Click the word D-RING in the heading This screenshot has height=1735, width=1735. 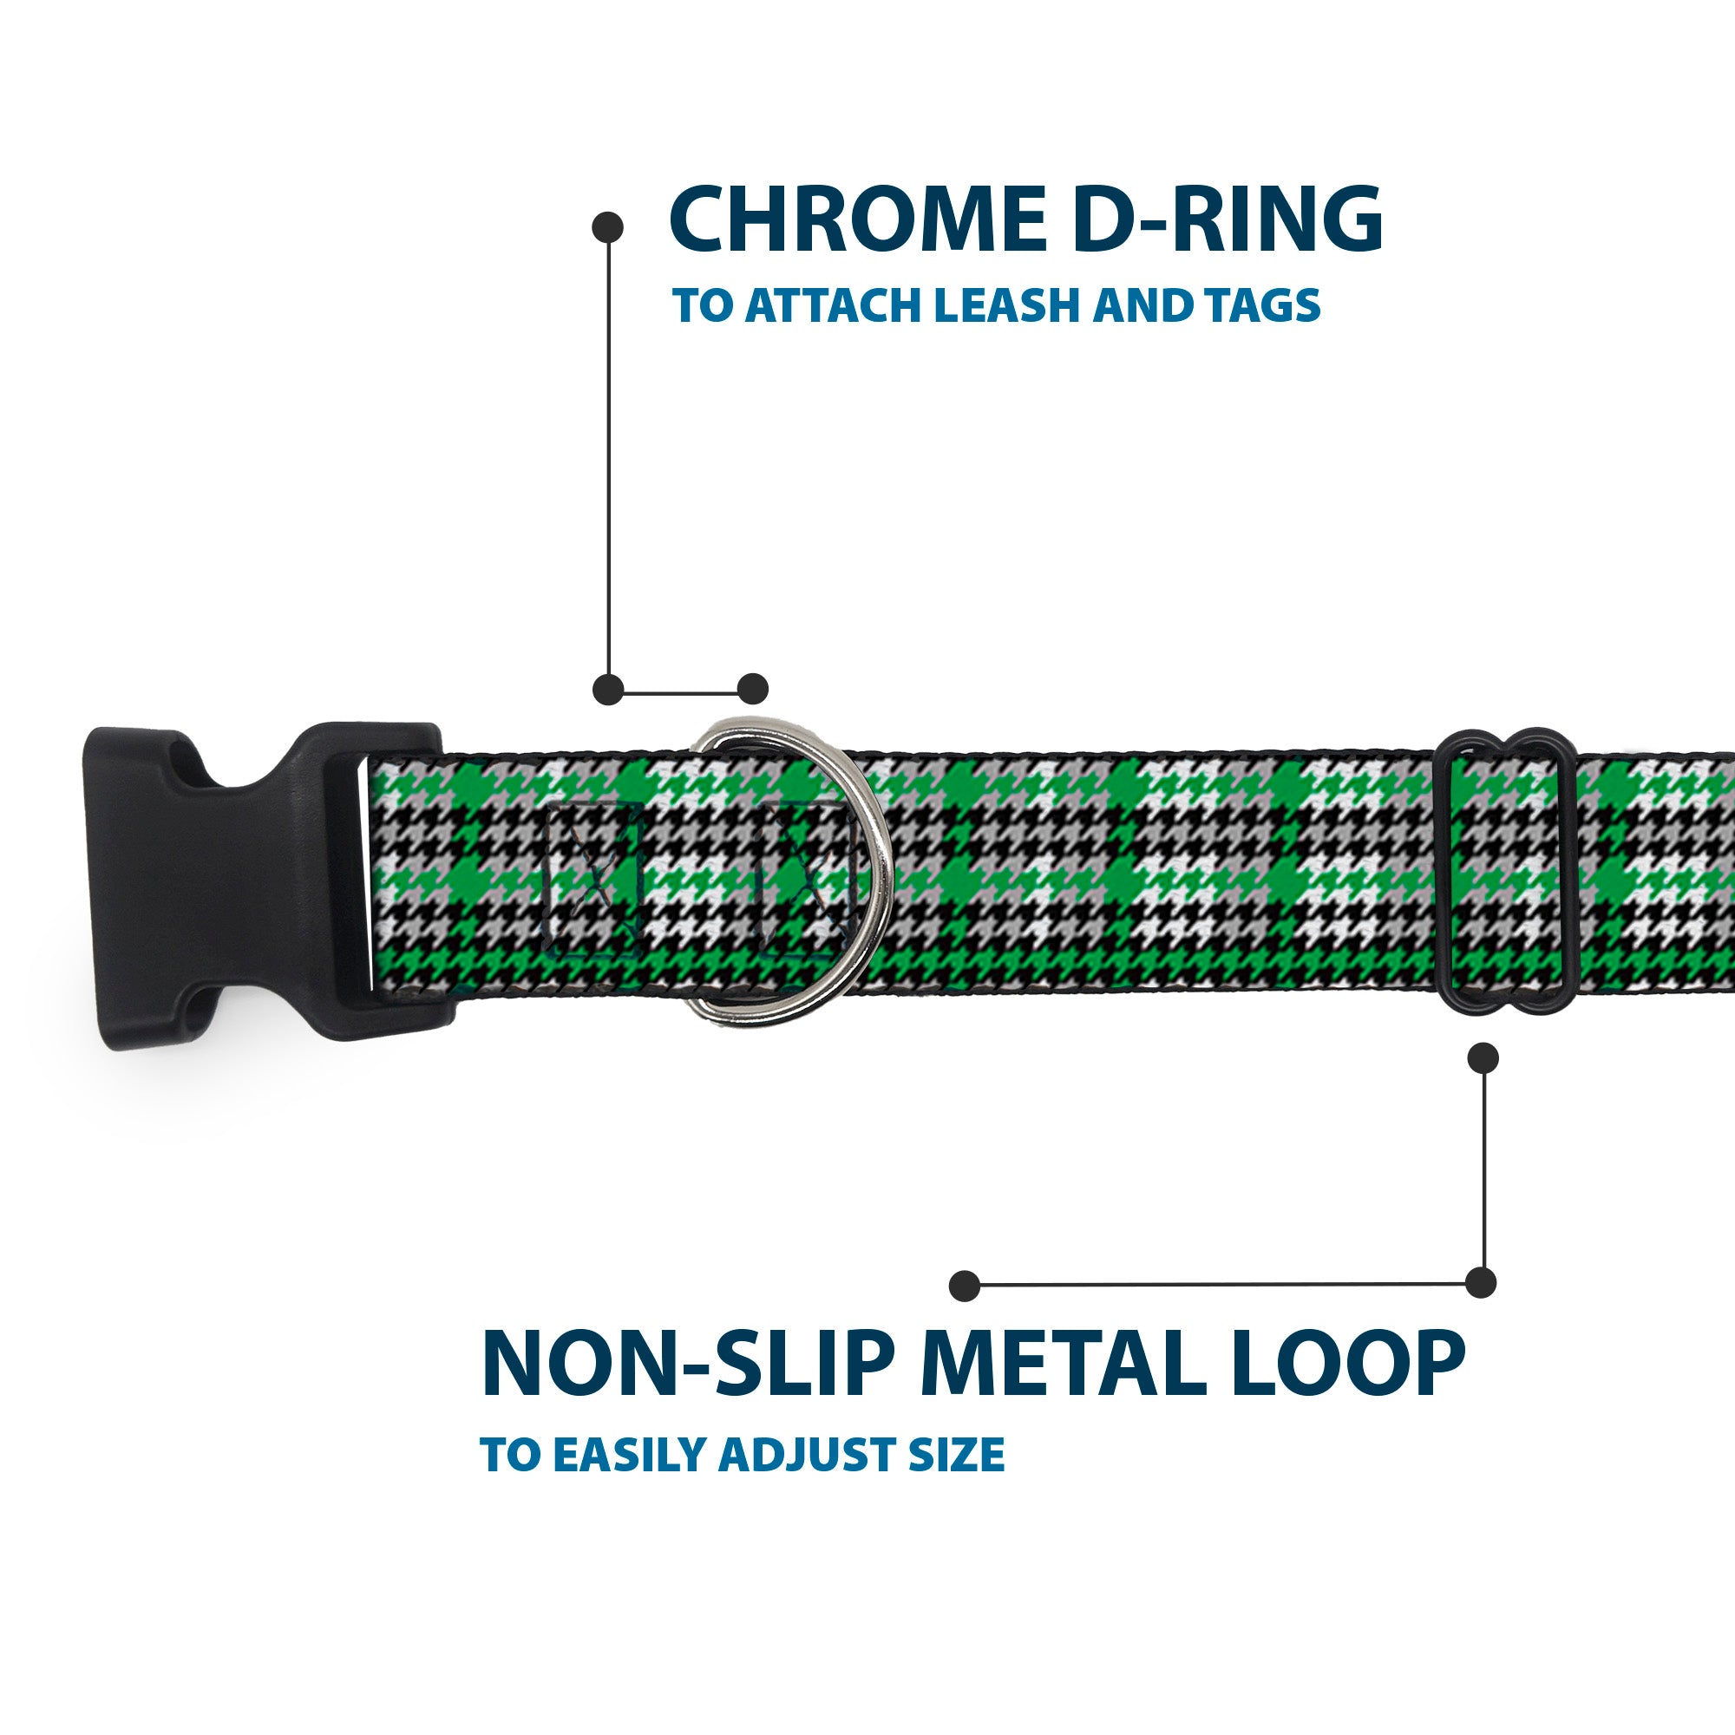coord(1228,220)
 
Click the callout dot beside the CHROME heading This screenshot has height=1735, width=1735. coord(608,226)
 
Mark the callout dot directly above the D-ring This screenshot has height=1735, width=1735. coord(752,689)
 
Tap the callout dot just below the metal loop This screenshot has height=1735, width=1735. coord(1483,1057)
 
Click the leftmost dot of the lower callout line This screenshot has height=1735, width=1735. coord(965,1285)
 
